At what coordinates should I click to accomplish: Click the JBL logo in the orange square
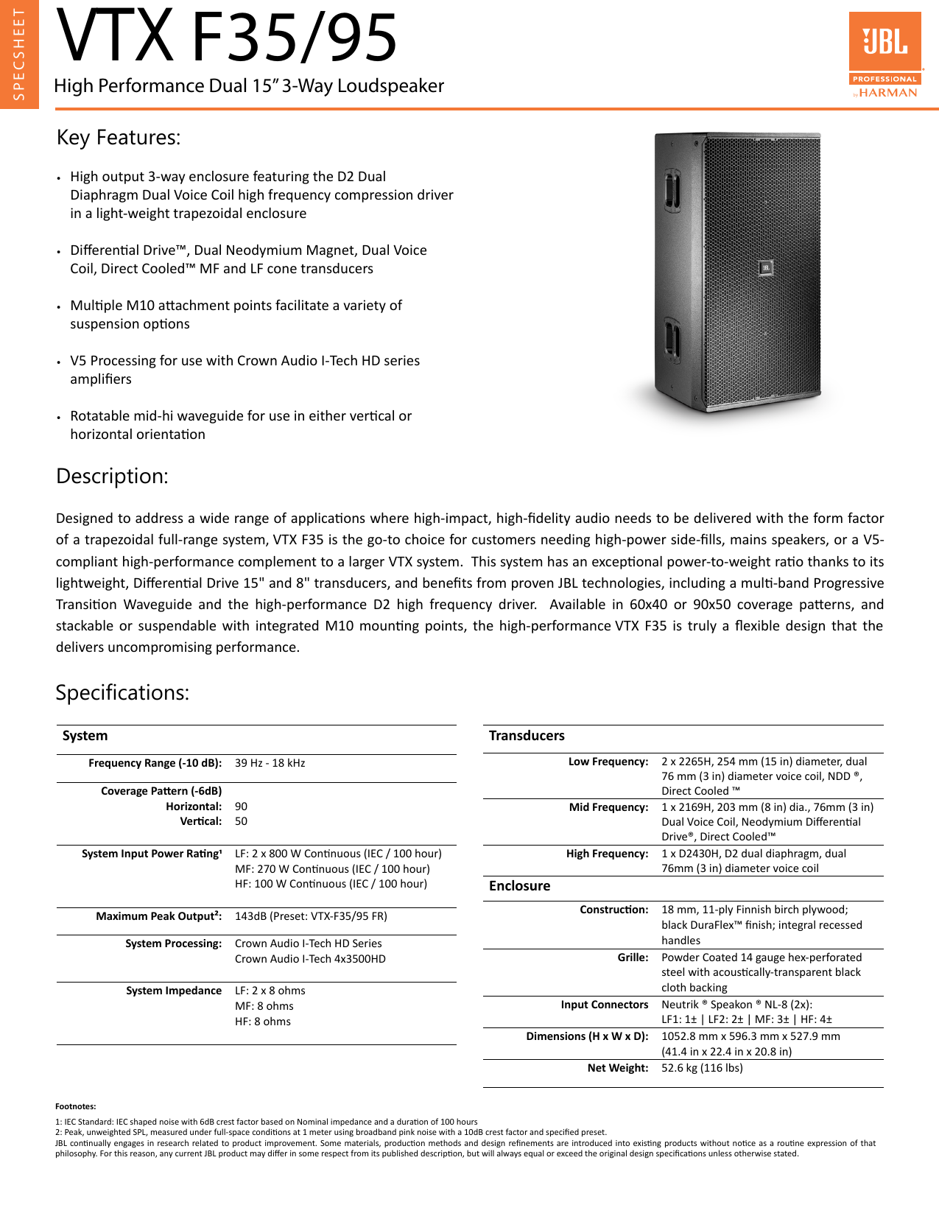[885, 42]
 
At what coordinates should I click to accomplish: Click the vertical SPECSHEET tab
[18, 54]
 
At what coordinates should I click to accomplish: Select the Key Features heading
[119, 138]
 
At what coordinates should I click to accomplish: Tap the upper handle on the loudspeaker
[672, 189]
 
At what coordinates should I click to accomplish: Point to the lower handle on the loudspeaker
[672, 338]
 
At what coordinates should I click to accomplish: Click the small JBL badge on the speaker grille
[765, 268]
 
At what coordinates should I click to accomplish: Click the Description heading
[112, 477]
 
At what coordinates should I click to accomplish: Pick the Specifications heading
[122, 693]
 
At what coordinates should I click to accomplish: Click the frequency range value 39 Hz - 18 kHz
[270, 763]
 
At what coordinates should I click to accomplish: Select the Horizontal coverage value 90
[241, 806]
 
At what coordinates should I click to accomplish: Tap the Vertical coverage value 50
[241, 821]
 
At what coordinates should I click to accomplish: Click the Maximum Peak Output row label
[158, 916]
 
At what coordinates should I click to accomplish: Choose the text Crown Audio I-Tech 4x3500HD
[310, 959]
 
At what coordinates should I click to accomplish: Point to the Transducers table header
[527, 736]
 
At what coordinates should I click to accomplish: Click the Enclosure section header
[519, 886]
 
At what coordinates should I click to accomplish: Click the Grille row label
[633, 957]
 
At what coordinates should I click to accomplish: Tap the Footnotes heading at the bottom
[75, 1106]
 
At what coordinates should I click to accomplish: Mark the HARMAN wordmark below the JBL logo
[888, 93]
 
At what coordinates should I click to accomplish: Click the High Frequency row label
[607, 854]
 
